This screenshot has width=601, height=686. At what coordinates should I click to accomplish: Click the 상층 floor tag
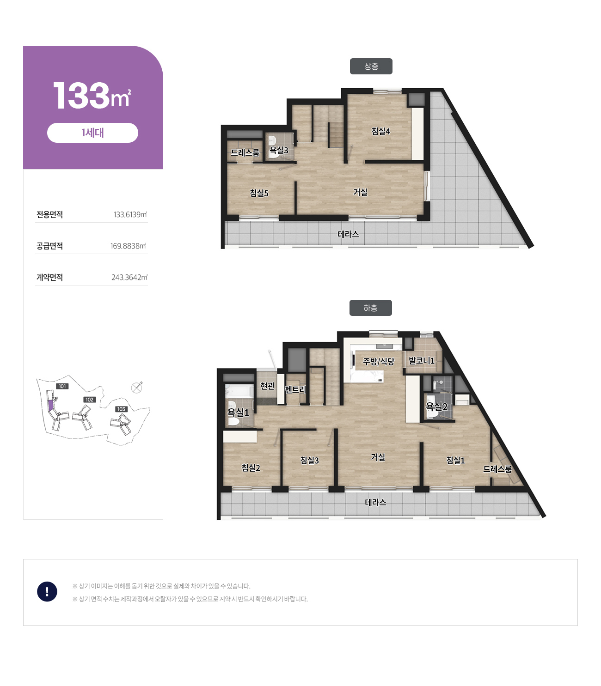(x=371, y=66)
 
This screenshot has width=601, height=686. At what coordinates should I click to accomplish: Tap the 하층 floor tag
(x=370, y=308)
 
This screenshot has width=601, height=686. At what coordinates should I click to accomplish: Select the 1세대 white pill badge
(x=92, y=133)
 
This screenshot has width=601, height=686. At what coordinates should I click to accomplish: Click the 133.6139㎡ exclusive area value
(x=130, y=215)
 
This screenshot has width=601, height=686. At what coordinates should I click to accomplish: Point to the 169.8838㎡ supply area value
(x=129, y=246)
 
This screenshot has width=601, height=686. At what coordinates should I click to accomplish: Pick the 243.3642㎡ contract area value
(x=129, y=277)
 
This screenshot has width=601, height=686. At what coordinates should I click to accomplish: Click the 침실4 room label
(x=380, y=131)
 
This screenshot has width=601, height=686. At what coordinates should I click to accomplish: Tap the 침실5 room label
(x=259, y=193)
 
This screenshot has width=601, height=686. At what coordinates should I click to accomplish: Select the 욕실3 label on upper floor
(x=279, y=150)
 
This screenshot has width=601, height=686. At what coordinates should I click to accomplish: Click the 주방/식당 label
(x=379, y=361)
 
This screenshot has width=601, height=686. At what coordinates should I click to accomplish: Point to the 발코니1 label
(x=422, y=361)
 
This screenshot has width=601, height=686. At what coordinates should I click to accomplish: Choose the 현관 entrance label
(x=268, y=386)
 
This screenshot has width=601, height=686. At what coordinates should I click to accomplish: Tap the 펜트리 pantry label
(x=295, y=389)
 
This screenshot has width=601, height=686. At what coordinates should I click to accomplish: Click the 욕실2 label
(x=436, y=407)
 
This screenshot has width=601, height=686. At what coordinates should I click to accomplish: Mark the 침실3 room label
(x=309, y=461)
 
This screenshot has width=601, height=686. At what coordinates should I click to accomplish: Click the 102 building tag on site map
(x=89, y=400)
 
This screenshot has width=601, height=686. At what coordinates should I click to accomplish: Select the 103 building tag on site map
(x=121, y=409)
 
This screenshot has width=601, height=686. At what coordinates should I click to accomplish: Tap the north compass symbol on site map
(x=137, y=388)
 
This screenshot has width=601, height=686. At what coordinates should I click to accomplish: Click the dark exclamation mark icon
(x=47, y=591)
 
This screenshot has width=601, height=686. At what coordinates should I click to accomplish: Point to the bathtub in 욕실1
(x=239, y=391)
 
